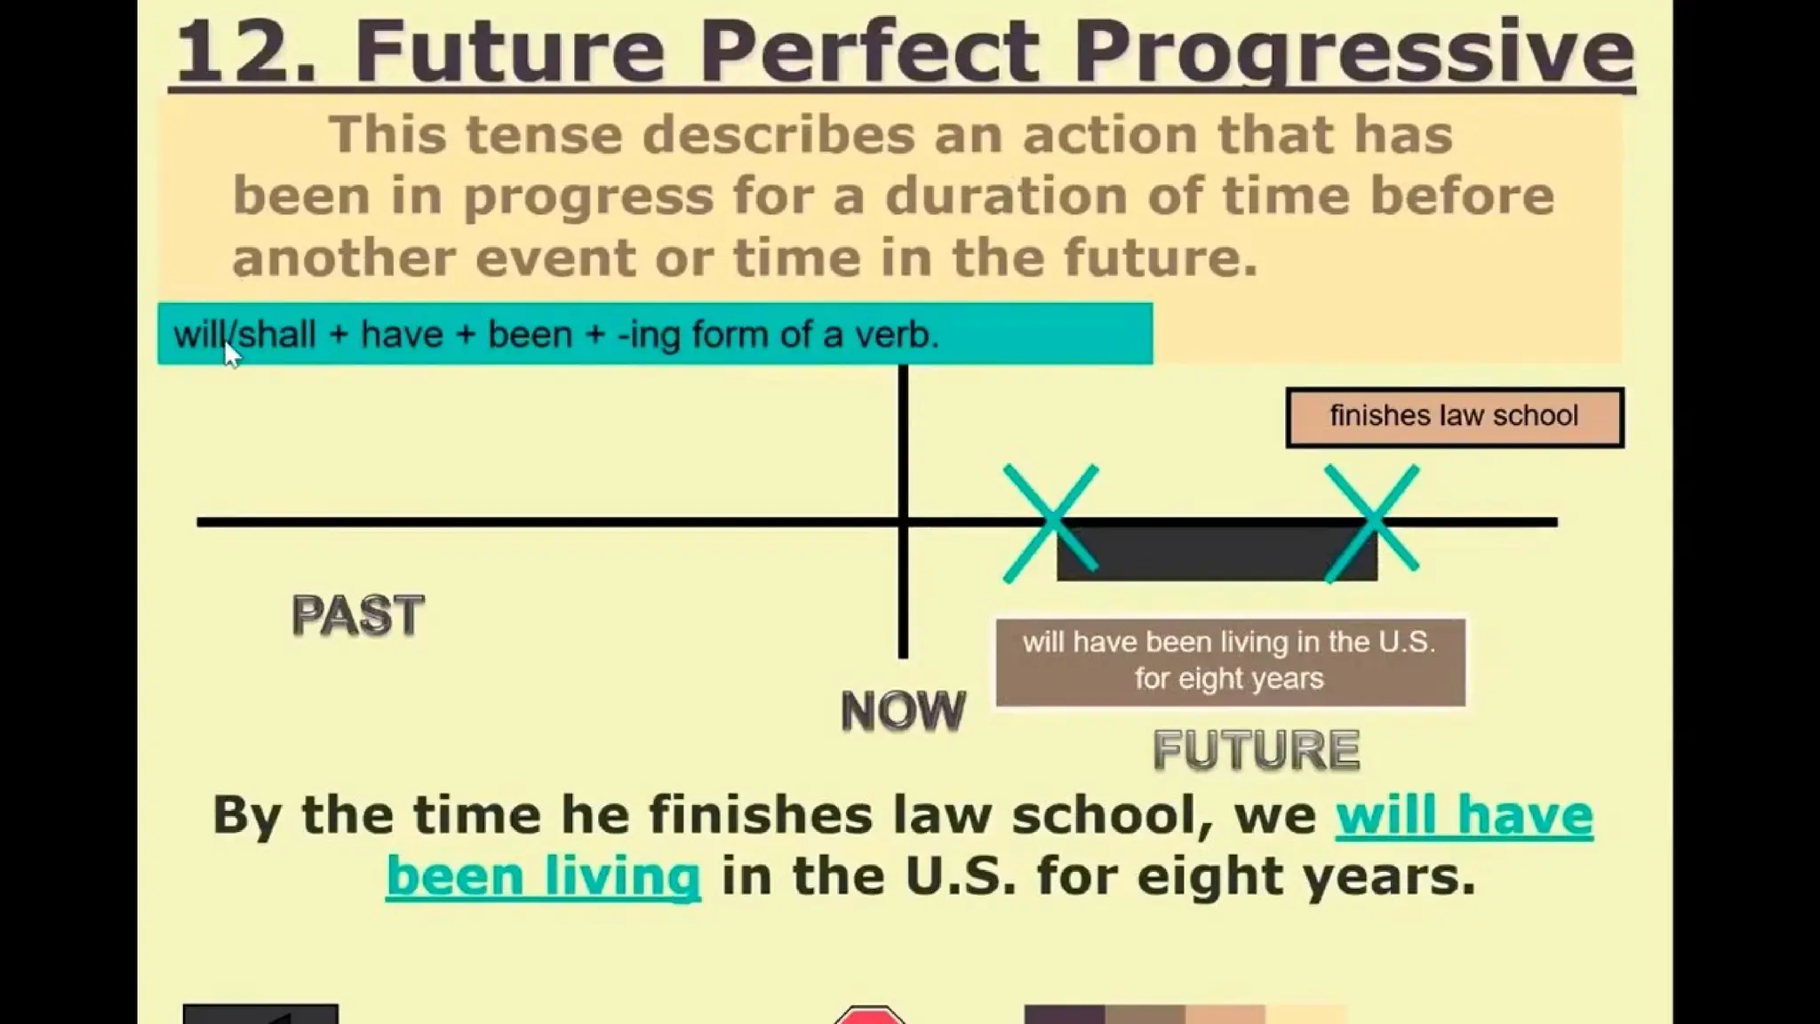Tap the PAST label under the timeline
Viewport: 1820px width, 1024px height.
[357, 615]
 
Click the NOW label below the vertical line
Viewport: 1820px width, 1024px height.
[903, 710]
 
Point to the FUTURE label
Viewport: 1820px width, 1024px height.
[1256, 749]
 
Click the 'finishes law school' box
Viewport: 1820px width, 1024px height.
[1454, 416]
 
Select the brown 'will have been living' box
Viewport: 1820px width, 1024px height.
[1230, 661]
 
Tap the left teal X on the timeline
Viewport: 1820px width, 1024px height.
[1050, 523]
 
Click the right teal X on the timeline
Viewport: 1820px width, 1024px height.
[1371, 523]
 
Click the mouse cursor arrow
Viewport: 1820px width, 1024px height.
[231, 354]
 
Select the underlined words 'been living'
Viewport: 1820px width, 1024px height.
[543, 876]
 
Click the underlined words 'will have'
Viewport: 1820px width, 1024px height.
[1464, 815]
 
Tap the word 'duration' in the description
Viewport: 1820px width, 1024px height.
[1005, 196]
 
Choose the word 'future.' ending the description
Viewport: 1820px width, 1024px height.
[1161, 258]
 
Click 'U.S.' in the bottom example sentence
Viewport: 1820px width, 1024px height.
[961, 876]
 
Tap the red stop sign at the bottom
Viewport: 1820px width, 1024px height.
[870, 1015]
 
